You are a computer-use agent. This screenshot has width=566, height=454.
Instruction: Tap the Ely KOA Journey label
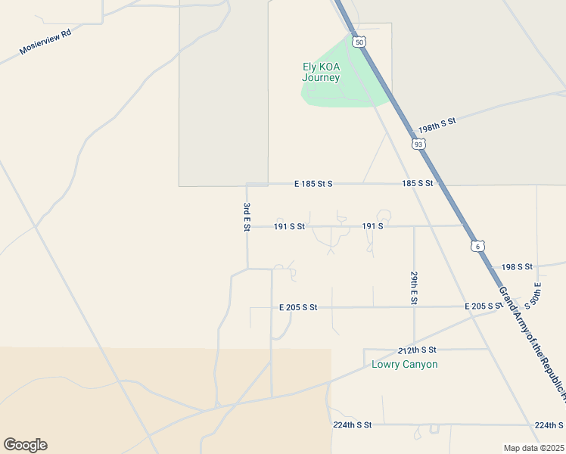click(321, 72)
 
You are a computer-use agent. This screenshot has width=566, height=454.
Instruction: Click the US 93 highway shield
click(418, 143)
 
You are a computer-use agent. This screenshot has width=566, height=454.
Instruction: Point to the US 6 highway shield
click(476, 246)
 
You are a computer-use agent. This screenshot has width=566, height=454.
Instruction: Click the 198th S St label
click(438, 125)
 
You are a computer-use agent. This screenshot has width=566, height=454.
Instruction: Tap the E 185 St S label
click(313, 184)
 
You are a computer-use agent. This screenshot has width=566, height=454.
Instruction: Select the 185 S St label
click(417, 183)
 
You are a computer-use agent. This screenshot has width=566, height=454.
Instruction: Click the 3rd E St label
click(247, 217)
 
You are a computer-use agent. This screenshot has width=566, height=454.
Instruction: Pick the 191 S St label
click(289, 226)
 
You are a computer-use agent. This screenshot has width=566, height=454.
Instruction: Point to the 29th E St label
click(414, 288)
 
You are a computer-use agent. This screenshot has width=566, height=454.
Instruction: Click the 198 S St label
click(517, 267)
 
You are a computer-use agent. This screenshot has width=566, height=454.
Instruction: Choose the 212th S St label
click(417, 350)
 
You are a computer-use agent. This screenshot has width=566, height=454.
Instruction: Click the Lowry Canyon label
click(405, 364)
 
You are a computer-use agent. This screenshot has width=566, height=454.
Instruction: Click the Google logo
click(25, 445)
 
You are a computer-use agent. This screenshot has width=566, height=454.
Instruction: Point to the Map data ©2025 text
click(533, 448)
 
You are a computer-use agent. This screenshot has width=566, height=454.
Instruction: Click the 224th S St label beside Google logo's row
click(352, 425)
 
